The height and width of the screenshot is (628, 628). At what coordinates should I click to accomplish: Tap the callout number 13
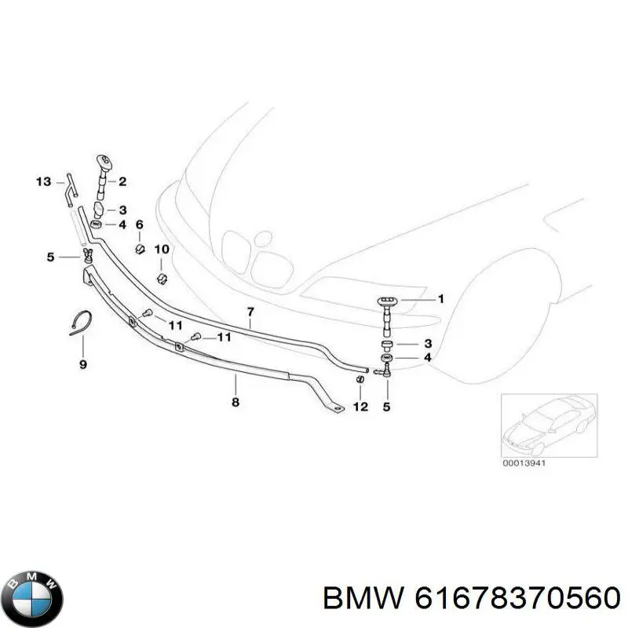[44, 182]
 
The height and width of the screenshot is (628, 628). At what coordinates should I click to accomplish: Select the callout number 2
[122, 181]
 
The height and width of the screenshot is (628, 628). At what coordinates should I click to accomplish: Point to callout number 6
[140, 225]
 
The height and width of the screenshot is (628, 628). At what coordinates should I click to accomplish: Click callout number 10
[162, 250]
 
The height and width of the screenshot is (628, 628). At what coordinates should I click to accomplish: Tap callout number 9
[83, 364]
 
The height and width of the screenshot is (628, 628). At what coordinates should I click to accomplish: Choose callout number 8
[235, 402]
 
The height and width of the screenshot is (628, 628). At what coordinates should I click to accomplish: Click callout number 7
[250, 311]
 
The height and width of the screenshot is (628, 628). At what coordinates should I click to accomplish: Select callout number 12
[360, 407]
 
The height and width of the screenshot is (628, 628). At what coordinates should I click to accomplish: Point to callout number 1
[441, 299]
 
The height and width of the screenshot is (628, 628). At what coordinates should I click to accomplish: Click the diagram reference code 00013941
[524, 463]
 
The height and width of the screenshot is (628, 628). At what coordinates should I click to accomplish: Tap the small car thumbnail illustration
[549, 425]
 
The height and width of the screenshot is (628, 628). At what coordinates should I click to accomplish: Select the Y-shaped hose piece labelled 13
[71, 190]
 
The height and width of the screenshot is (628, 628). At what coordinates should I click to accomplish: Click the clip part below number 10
[162, 279]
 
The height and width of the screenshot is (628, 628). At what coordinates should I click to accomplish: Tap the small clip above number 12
[360, 379]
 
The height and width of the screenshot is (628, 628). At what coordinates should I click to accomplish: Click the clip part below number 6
[141, 249]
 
